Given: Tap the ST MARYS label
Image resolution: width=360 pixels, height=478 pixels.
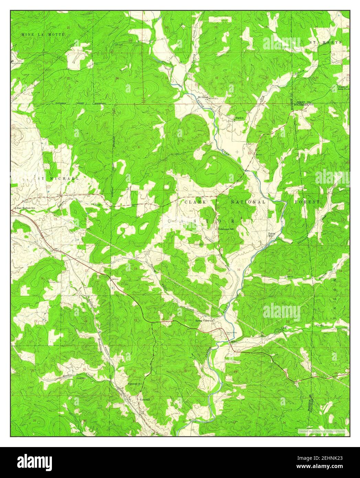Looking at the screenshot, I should [325, 42].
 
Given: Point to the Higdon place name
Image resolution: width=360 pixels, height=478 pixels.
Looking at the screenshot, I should [239, 118].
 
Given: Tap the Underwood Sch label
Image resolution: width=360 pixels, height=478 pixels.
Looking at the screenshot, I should [225, 229].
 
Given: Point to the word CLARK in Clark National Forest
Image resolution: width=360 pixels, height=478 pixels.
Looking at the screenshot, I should [195, 202].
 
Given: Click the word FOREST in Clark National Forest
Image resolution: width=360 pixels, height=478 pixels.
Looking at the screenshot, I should [307, 202].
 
